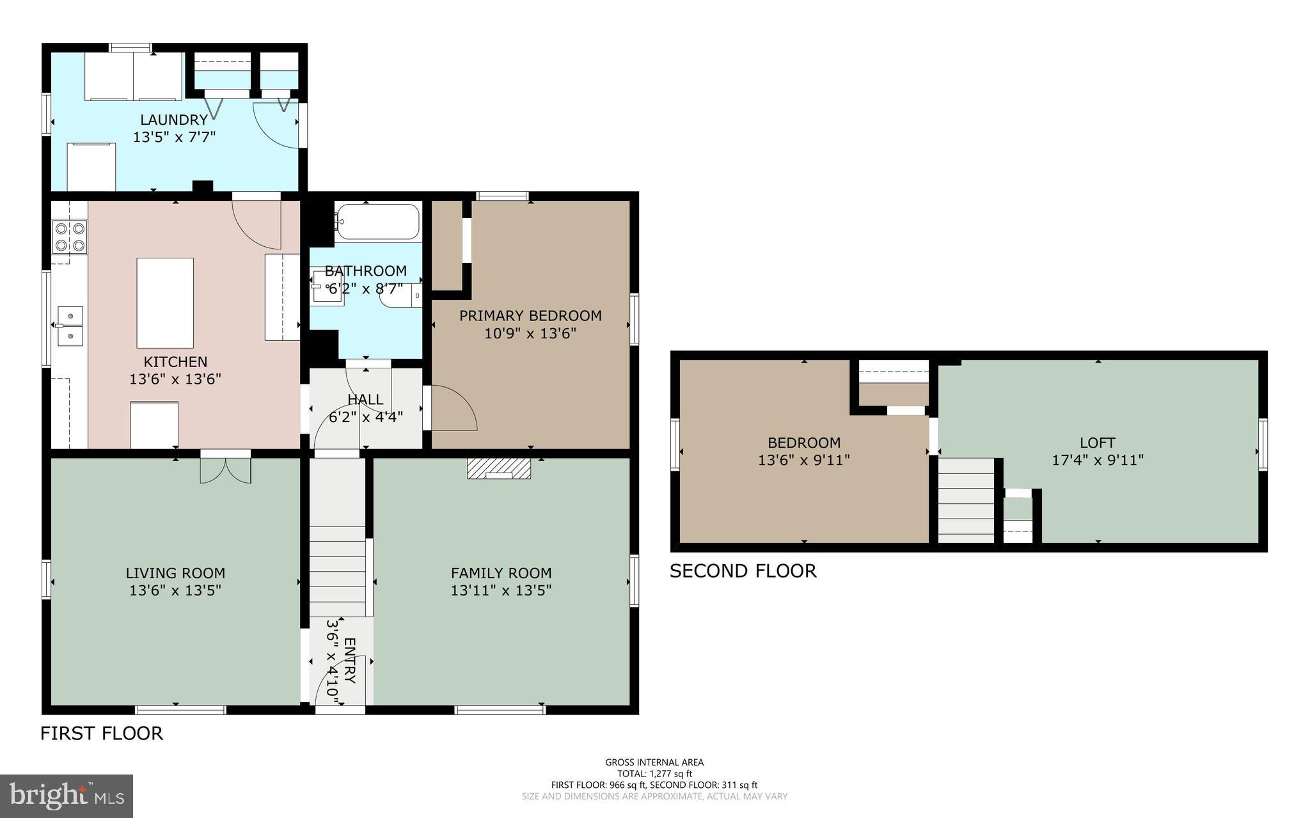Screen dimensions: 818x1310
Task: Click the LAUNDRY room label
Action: click(174, 120)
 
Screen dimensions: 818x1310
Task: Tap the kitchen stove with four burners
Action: click(70, 237)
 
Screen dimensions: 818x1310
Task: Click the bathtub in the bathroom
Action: click(377, 222)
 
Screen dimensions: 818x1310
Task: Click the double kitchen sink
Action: click(70, 326)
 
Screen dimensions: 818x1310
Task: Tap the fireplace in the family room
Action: click(499, 468)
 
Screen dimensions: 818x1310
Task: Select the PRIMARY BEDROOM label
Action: click(530, 315)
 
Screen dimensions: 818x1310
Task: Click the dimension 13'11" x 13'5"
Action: click(501, 590)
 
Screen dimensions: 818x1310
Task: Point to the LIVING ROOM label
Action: click(175, 573)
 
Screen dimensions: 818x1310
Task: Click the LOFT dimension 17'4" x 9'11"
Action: click(1098, 459)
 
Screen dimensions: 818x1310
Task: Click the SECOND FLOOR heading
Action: click(743, 570)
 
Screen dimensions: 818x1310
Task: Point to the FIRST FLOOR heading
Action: click(102, 733)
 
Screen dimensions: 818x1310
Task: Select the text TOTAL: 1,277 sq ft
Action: click(654, 773)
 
